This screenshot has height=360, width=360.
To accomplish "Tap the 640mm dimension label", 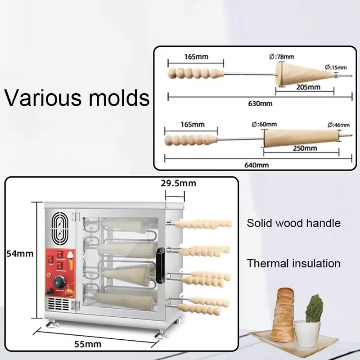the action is [x=257, y=165].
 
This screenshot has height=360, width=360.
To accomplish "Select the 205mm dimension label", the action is [x=309, y=87].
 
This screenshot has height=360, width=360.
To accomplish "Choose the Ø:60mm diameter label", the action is [x=265, y=124].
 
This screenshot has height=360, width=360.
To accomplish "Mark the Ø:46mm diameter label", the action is [x=339, y=124].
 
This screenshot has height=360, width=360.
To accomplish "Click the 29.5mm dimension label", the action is [x=178, y=183].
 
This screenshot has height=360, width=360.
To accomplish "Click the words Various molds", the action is [x=77, y=97].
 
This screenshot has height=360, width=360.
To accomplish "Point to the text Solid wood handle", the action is [x=293, y=223].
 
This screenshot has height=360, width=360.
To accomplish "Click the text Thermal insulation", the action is [x=293, y=263].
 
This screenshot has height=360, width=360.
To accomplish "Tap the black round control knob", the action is [x=59, y=282].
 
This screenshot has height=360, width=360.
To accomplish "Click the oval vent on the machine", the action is [x=58, y=227].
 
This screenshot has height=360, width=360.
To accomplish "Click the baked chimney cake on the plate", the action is [x=284, y=310].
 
